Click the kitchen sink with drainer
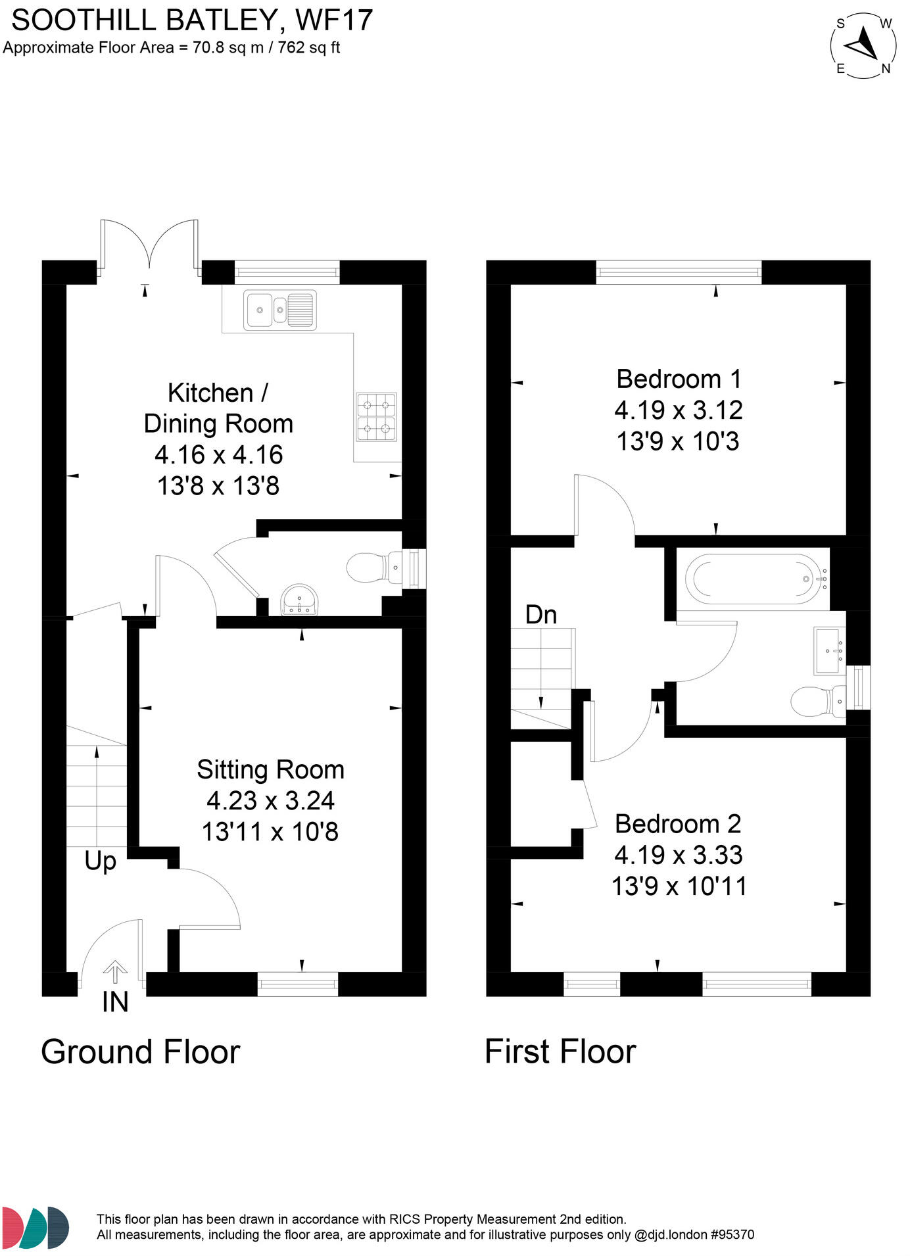[279, 309]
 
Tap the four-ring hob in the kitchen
[376, 416]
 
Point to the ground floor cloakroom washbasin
[300, 600]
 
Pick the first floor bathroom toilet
[818, 701]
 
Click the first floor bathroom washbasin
[829, 650]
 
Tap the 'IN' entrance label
[115, 1002]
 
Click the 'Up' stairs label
[101, 861]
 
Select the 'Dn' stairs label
[541, 614]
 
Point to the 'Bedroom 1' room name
[679, 379]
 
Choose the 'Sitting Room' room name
[270, 769]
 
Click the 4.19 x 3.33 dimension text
[679, 855]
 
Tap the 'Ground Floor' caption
[141, 1051]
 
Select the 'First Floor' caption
[560, 1051]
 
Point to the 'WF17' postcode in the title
[334, 20]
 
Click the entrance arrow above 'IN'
[115, 972]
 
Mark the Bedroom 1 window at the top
[679, 272]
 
